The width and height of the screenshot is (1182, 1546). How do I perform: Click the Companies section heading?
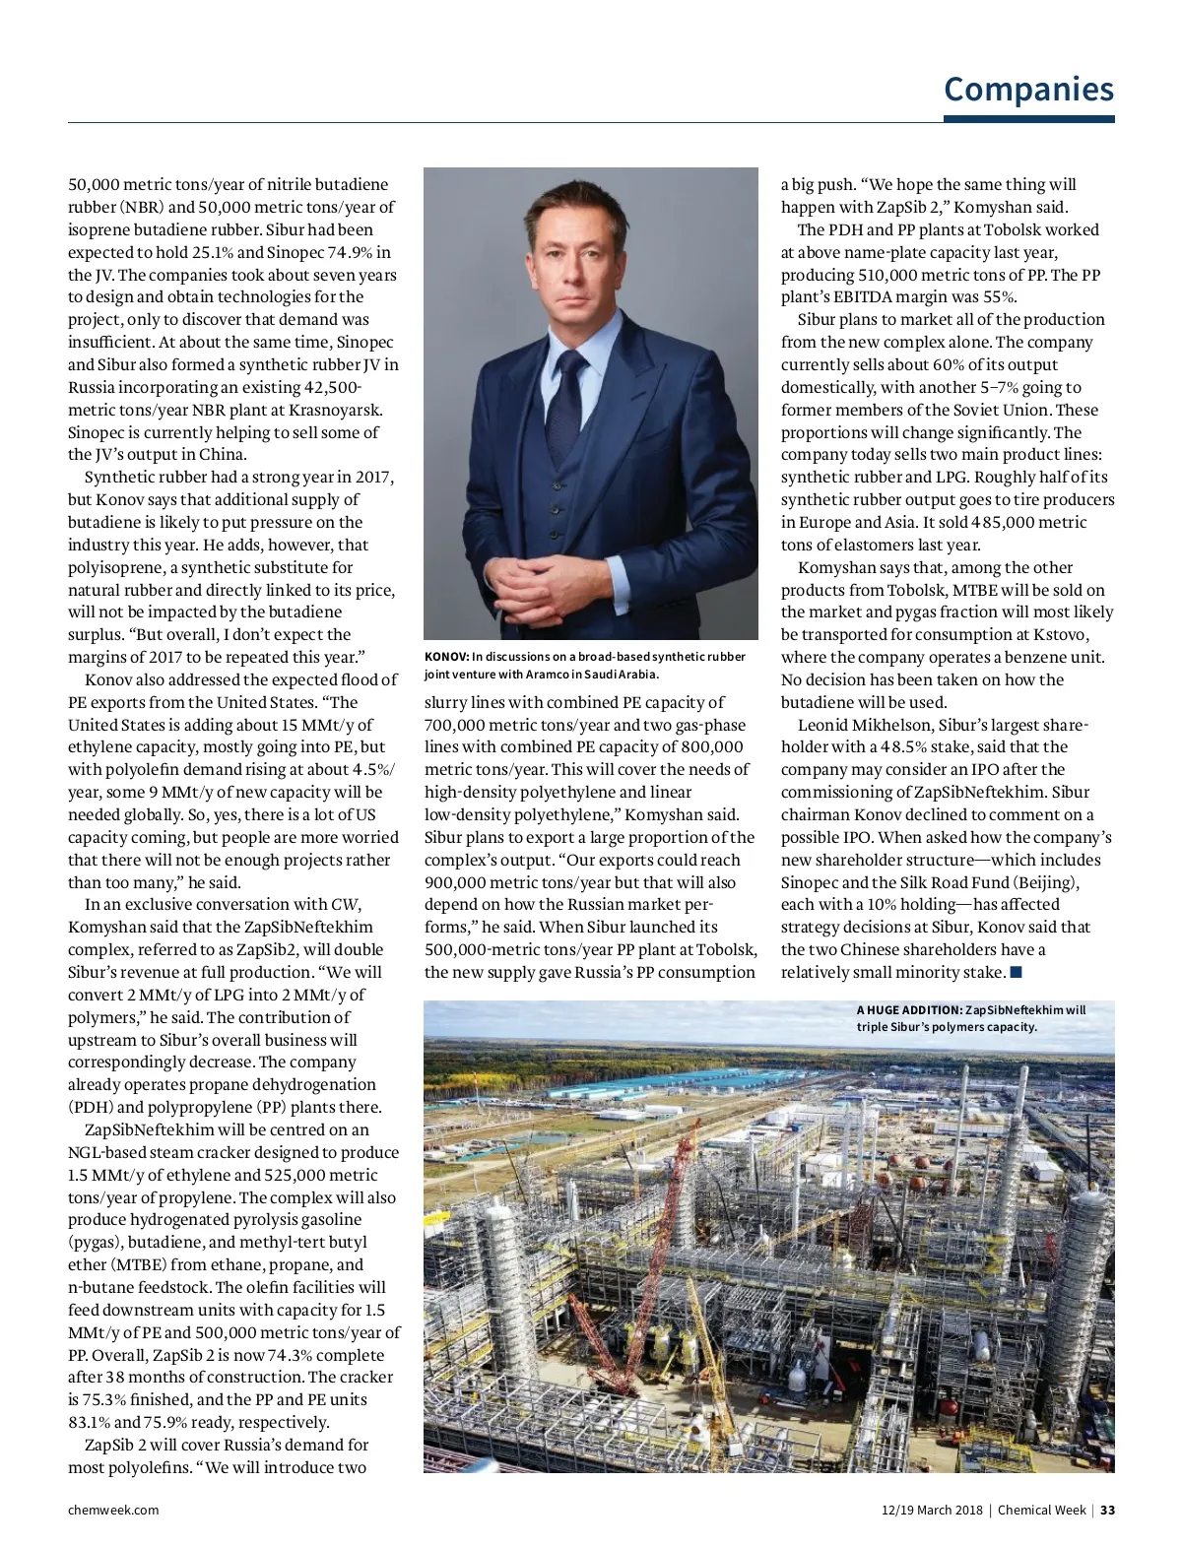[x=1028, y=89]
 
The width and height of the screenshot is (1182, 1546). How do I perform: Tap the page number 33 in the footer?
[x=1108, y=1510]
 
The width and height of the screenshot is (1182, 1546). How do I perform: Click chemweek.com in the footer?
[x=113, y=1510]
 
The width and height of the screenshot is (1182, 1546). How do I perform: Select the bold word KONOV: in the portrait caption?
[x=446, y=657]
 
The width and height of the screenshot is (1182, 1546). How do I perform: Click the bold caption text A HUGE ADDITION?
[x=909, y=1010]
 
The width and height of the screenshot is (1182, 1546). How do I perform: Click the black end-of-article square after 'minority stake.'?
[x=1017, y=973]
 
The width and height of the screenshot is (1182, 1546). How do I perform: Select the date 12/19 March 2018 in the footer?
[x=931, y=1510]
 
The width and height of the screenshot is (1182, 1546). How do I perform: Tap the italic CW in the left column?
[x=345, y=904]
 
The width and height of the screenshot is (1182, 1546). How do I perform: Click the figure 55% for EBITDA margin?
[x=998, y=297]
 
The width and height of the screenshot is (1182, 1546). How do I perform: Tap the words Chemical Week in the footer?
[x=1041, y=1510]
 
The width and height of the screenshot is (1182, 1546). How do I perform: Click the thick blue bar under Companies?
[x=1028, y=119]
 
